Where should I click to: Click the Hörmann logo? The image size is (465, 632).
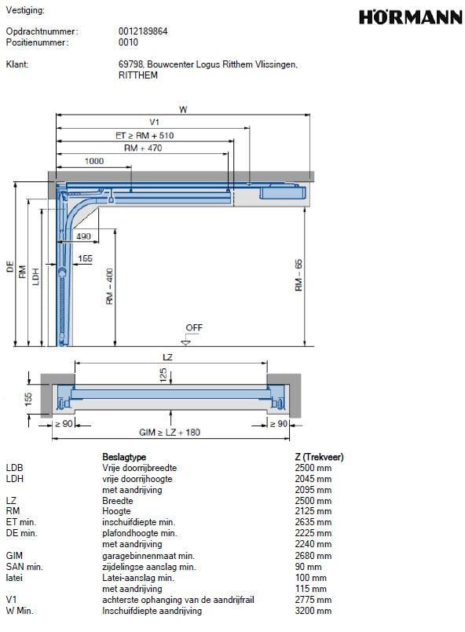point(411,17)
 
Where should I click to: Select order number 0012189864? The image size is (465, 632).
point(143,31)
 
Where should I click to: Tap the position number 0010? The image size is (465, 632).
point(128,42)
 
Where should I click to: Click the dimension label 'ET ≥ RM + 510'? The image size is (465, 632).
point(145,135)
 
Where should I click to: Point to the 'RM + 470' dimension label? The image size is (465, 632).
point(143,148)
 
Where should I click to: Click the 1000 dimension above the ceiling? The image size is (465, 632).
point(94,161)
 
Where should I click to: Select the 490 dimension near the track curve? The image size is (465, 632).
point(83,236)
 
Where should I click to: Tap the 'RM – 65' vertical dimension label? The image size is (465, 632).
point(298,275)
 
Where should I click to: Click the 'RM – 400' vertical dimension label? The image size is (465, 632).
point(109,287)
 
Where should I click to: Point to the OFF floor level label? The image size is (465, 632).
point(193,327)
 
